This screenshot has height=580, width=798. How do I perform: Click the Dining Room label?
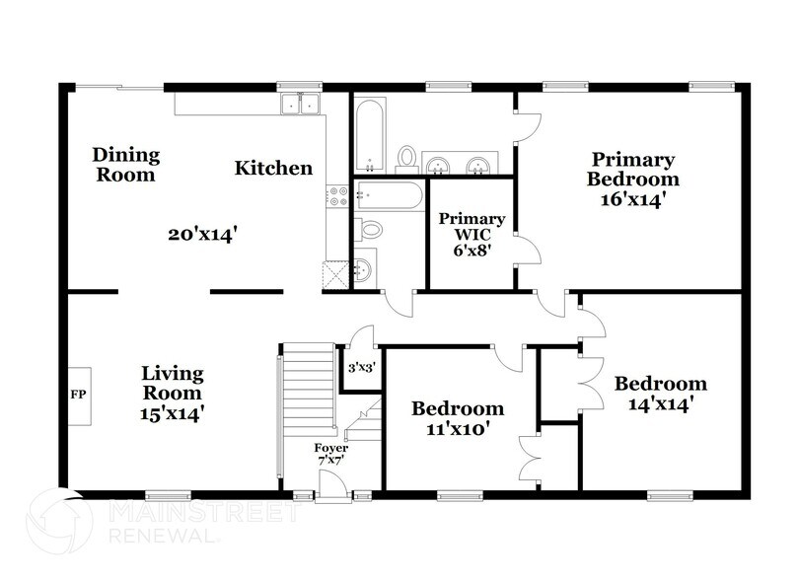pyautogui.click(x=125, y=165)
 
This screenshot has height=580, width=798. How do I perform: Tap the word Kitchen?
pyautogui.click(x=273, y=169)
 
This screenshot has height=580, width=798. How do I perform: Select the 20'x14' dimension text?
pyautogui.click(x=204, y=235)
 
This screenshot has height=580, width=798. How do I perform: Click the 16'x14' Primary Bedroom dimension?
pyautogui.click(x=632, y=198)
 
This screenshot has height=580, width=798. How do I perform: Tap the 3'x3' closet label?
pyautogui.click(x=361, y=369)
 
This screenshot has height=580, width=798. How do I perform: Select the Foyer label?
pyautogui.click(x=330, y=447)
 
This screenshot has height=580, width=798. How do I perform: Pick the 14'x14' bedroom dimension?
pyautogui.click(x=660, y=403)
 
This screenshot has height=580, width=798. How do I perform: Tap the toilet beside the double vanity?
pyautogui.click(x=406, y=157)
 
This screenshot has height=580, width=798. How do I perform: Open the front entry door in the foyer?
pyautogui.click(x=331, y=484)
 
